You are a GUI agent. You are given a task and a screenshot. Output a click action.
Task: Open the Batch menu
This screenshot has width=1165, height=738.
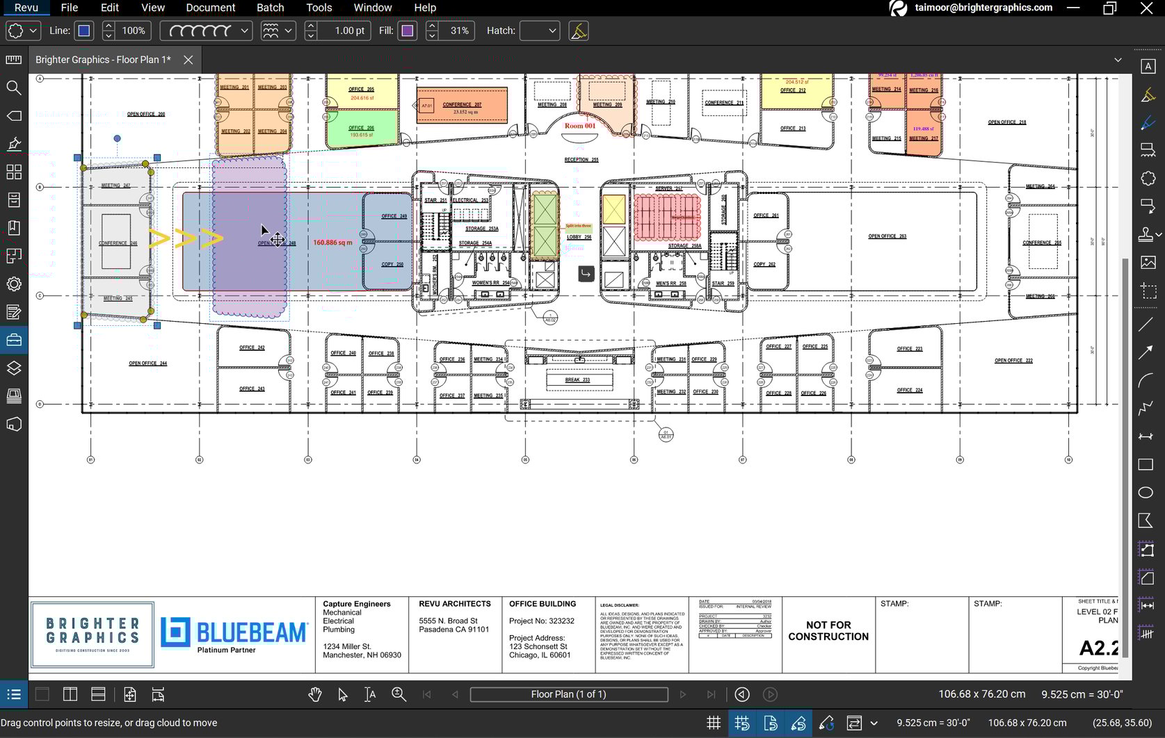[x=270, y=8]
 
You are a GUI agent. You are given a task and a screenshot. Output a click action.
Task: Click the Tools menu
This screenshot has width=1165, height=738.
[x=319, y=8]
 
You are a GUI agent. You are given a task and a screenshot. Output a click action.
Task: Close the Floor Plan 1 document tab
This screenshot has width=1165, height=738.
[x=188, y=60]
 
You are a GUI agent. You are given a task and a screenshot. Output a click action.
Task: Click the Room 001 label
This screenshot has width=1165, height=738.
[x=580, y=126]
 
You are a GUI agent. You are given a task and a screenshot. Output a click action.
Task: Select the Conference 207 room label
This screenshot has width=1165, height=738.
[x=462, y=105]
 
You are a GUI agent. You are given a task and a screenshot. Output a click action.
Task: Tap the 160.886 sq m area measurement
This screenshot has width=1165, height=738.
[x=332, y=243]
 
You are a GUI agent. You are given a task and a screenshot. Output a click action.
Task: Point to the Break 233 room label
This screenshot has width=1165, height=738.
[x=577, y=380]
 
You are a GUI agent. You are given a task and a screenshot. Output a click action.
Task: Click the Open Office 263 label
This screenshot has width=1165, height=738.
[x=887, y=236]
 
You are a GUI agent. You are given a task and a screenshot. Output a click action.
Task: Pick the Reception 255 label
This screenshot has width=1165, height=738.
[x=581, y=160]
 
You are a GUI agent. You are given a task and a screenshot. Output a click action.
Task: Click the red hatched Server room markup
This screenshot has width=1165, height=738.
[x=666, y=216]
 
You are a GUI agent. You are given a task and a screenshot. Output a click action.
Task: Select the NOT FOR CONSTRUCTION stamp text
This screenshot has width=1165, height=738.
[x=828, y=631]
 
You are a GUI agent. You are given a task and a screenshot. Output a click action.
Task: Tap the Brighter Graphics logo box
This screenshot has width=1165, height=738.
[x=93, y=634]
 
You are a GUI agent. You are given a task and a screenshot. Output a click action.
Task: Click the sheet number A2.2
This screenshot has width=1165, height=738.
[x=1098, y=648]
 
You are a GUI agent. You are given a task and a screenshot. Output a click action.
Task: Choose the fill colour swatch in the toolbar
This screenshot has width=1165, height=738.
[x=408, y=31]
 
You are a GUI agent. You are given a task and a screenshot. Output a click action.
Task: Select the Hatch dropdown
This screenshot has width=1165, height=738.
[x=540, y=31]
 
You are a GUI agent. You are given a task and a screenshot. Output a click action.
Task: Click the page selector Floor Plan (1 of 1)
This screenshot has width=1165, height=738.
[x=568, y=694]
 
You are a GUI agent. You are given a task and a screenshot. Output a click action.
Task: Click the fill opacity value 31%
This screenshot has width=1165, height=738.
[x=459, y=31]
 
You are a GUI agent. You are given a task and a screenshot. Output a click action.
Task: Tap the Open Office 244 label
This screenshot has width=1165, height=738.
[x=147, y=363]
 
